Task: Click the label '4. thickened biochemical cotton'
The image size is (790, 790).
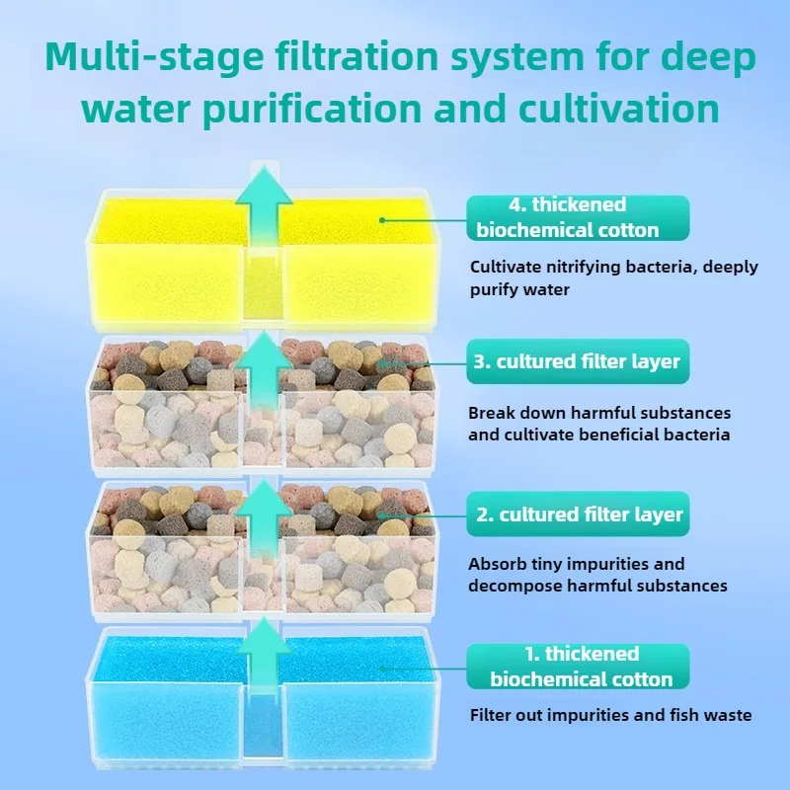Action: pos(578,217)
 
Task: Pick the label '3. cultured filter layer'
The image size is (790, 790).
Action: pos(578,361)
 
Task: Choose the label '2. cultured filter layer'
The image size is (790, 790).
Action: pos(578,514)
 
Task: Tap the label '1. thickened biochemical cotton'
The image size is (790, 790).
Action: pos(578,667)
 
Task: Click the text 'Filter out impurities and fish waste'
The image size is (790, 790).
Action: pos(610,715)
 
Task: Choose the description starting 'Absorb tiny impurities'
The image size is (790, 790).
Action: pos(597,575)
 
